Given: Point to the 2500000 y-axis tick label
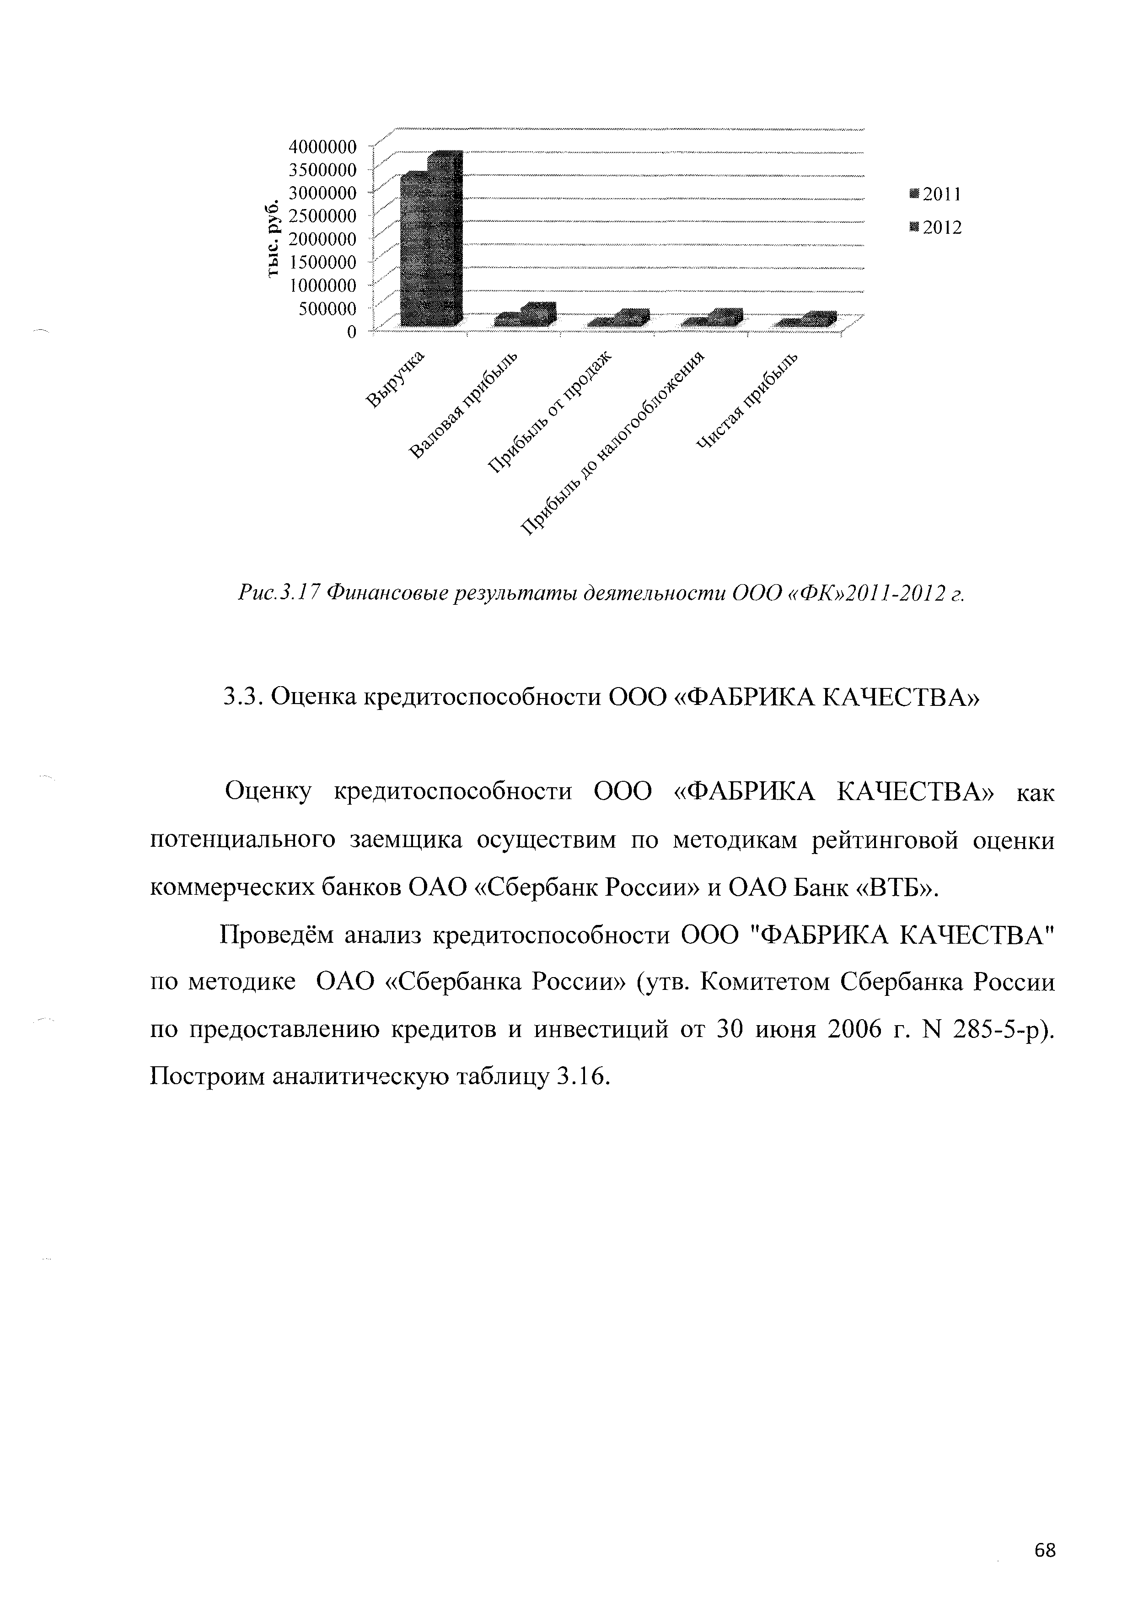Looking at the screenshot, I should coord(323,215).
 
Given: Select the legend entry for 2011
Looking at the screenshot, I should coord(935,195).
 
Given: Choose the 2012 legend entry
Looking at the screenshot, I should coord(935,228).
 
